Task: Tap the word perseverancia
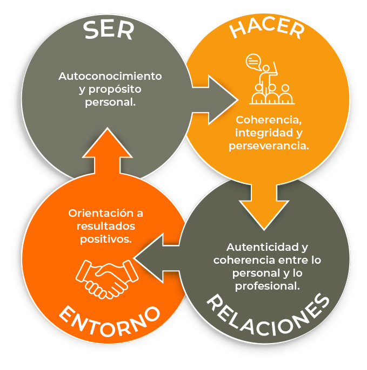click(268, 146)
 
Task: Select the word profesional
click(267, 285)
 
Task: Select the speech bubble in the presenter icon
click(252, 61)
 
